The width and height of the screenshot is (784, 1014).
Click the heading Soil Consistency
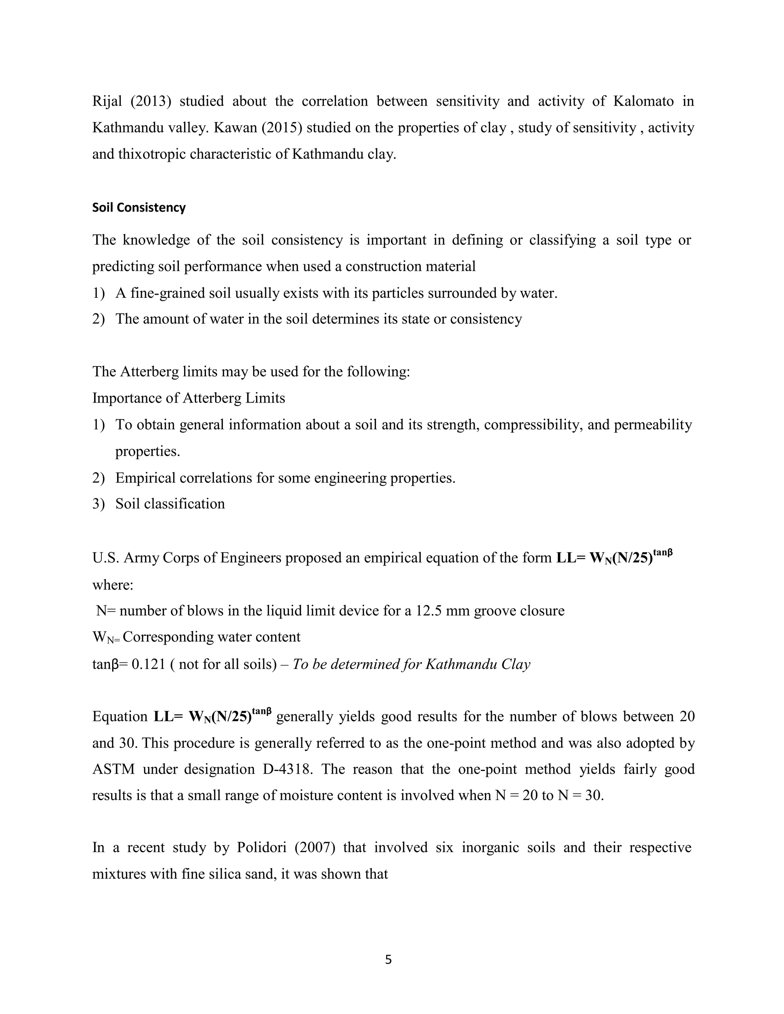(x=139, y=207)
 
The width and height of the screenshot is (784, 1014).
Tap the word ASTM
(x=113, y=769)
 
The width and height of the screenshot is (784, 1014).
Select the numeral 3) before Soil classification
(x=98, y=504)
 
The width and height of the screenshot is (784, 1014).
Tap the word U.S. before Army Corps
(x=105, y=558)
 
